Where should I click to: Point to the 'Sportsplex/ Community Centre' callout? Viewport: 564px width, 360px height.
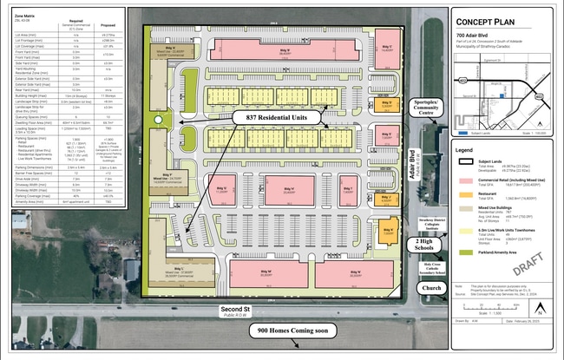(425, 108)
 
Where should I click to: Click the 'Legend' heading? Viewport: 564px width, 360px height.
(467, 148)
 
